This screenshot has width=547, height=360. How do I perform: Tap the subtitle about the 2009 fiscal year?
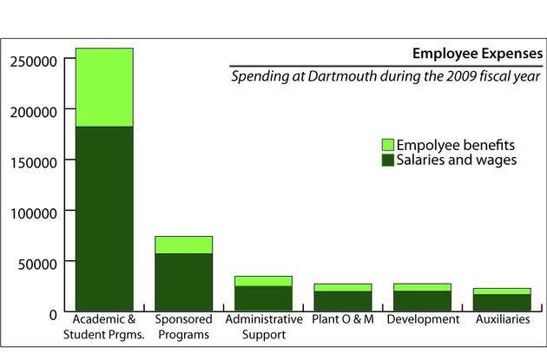pyautogui.click(x=386, y=76)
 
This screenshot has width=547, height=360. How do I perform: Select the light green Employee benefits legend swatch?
pyautogui.click(x=387, y=144)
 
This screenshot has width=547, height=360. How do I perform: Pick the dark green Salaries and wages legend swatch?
pyautogui.click(x=387, y=160)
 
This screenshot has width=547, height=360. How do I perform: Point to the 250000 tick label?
pyautogui.click(x=34, y=61)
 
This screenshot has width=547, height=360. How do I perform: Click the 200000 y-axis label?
pyautogui.click(x=34, y=111)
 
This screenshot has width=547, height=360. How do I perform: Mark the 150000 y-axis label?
pyautogui.click(x=34, y=161)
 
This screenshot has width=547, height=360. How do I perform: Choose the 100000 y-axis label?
pyautogui.click(x=34, y=212)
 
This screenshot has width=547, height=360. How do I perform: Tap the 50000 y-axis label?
pyautogui.click(x=37, y=262)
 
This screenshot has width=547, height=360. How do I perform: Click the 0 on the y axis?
pyautogui.click(x=53, y=312)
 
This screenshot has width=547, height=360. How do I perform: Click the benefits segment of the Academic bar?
pyautogui.click(x=104, y=88)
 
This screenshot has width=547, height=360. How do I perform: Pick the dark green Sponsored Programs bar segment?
pyautogui.click(x=183, y=282)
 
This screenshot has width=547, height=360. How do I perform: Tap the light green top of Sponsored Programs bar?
pyautogui.click(x=183, y=245)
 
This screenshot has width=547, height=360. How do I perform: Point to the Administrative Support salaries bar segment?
pyautogui.click(x=263, y=298)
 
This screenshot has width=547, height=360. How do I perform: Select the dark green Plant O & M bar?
pyautogui.click(x=343, y=301)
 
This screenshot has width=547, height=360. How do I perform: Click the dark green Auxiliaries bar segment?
pyautogui.click(x=502, y=303)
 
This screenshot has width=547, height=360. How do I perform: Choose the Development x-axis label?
pyautogui.click(x=423, y=320)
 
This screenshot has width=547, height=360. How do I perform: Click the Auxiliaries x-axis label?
pyautogui.click(x=502, y=320)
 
